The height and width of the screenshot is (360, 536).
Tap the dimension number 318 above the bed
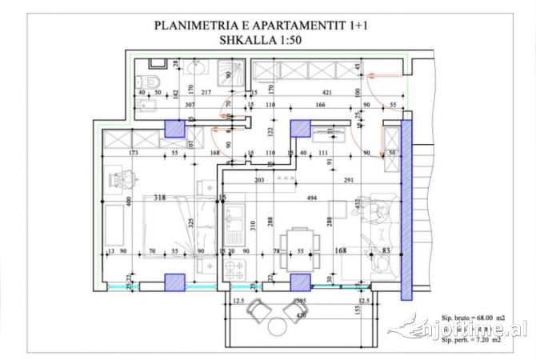click(x=161, y=196)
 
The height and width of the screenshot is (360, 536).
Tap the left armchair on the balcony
click(x=258, y=308)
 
